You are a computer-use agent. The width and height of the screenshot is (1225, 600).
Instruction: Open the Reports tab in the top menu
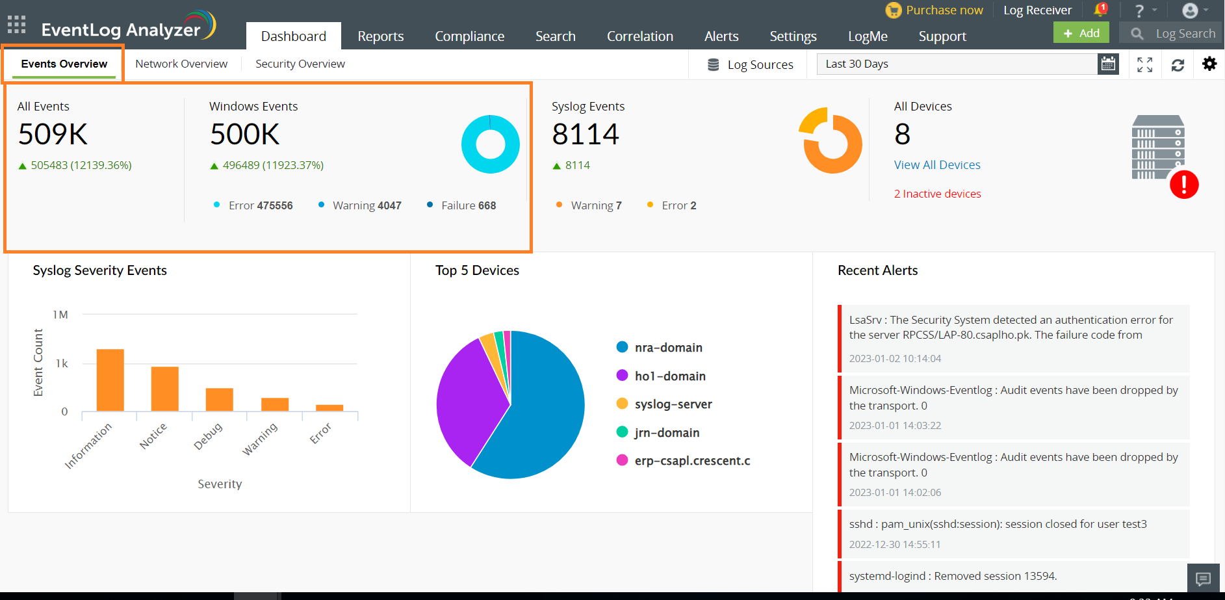pyautogui.click(x=380, y=36)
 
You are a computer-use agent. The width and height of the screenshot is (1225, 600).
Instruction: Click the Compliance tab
pyautogui.click(x=469, y=36)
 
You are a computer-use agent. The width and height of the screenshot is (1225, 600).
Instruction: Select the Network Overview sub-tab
pyautogui.click(x=181, y=64)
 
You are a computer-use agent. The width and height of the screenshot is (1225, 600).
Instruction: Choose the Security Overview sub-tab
pyautogui.click(x=300, y=64)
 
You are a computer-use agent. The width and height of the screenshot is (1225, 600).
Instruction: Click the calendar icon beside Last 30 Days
pyautogui.click(x=1108, y=64)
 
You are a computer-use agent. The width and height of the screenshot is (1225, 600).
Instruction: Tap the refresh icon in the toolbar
pyautogui.click(x=1178, y=65)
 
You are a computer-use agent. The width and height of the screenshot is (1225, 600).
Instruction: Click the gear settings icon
pyautogui.click(x=1209, y=64)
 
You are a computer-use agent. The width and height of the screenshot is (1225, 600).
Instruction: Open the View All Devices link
pyautogui.click(x=936, y=165)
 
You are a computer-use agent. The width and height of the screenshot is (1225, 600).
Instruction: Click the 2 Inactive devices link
pyautogui.click(x=937, y=194)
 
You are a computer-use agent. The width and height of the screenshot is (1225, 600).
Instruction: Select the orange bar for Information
pyautogui.click(x=110, y=380)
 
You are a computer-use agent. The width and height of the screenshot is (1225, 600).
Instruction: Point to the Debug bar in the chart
pyautogui.click(x=220, y=400)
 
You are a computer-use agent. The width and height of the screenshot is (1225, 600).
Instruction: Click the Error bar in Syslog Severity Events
pyautogui.click(x=329, y=408)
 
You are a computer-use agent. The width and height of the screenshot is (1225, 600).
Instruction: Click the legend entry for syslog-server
pyautogui.click(x=673, y=404)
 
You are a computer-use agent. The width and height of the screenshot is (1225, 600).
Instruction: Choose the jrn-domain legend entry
pyautogui.click(x=667, y=433)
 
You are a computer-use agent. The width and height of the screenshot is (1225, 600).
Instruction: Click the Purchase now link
pyautogui.click(x=944, y=10)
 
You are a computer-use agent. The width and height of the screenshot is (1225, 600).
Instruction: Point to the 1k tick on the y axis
pyautogui.click(x=62, y=363)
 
